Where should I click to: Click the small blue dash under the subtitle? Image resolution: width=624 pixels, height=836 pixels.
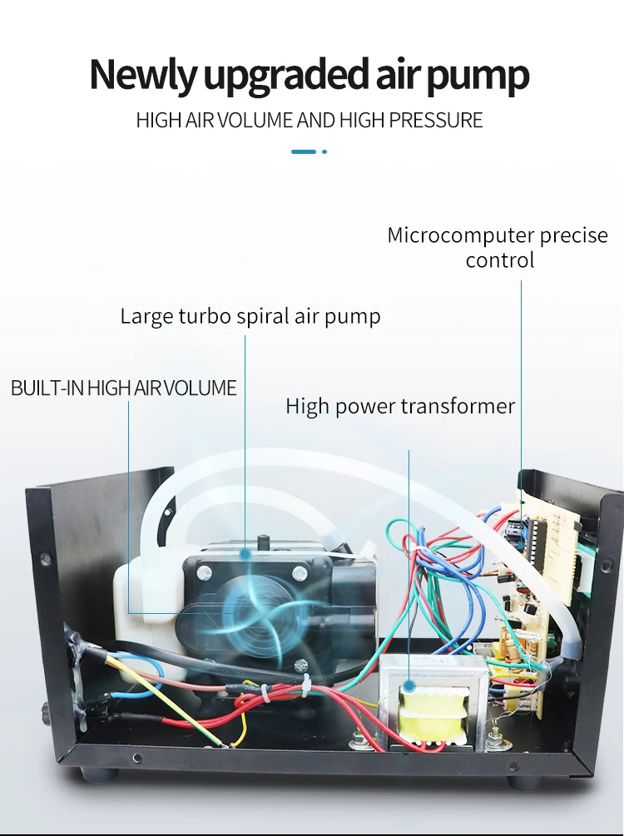coord(304,151)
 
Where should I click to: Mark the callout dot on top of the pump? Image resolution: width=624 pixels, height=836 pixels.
coord(245,552)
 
